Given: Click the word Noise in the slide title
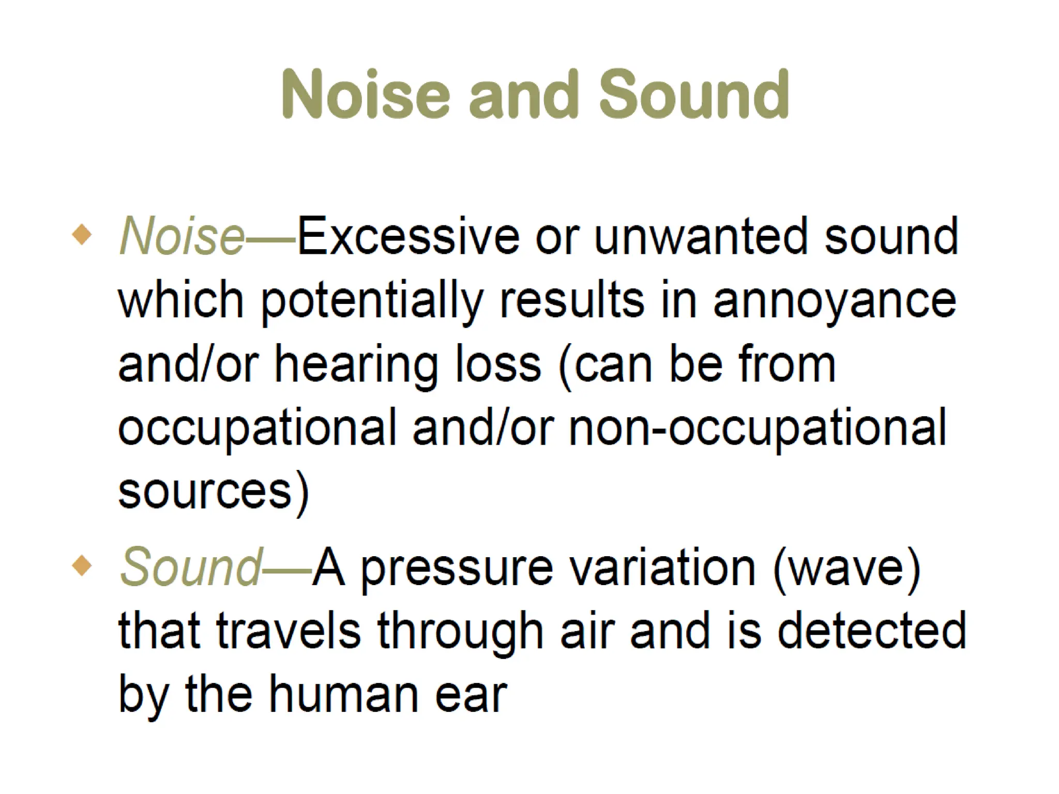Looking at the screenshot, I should [366, 95].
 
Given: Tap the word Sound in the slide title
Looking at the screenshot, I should [693, 95].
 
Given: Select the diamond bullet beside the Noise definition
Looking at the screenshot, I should [82, 235].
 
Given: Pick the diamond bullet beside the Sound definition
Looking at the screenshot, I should [82, 566].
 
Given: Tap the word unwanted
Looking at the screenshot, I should [701, 237].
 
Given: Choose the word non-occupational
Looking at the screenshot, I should [758, 429].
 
